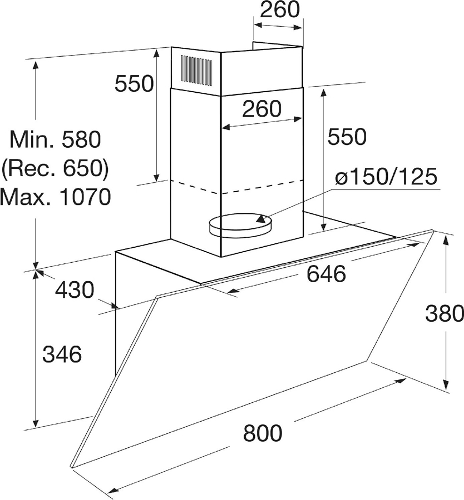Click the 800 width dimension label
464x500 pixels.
(x=263, y=433)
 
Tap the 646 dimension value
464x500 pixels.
(x=326, y=273)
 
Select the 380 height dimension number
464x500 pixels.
(x=444, y=313)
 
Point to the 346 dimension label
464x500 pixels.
(x=62, y=354)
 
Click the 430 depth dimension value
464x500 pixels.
(x=75, y=290)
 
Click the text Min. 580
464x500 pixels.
(x=55, y=139)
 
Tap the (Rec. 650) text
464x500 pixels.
(x=55, y=168)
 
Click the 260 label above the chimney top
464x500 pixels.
(x=280, y=10)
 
